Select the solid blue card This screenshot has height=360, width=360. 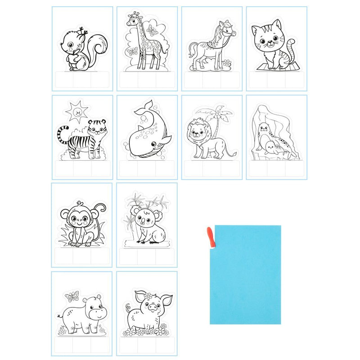click(245, 274)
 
